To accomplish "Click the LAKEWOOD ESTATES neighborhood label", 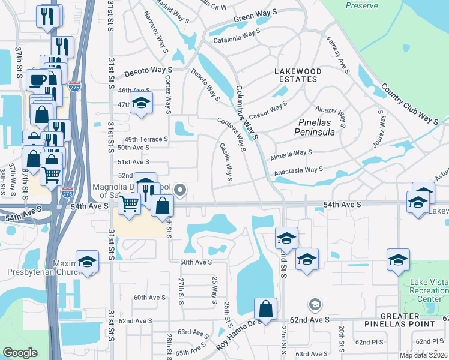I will (x=298, y=75).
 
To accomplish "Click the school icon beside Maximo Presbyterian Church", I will (x=87, y=262).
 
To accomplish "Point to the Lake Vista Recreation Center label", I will (x=427, y=290).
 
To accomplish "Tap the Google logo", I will (x=20, y=353).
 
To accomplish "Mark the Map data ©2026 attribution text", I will (x=423, y=355).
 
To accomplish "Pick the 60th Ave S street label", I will (x=149, y=298).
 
